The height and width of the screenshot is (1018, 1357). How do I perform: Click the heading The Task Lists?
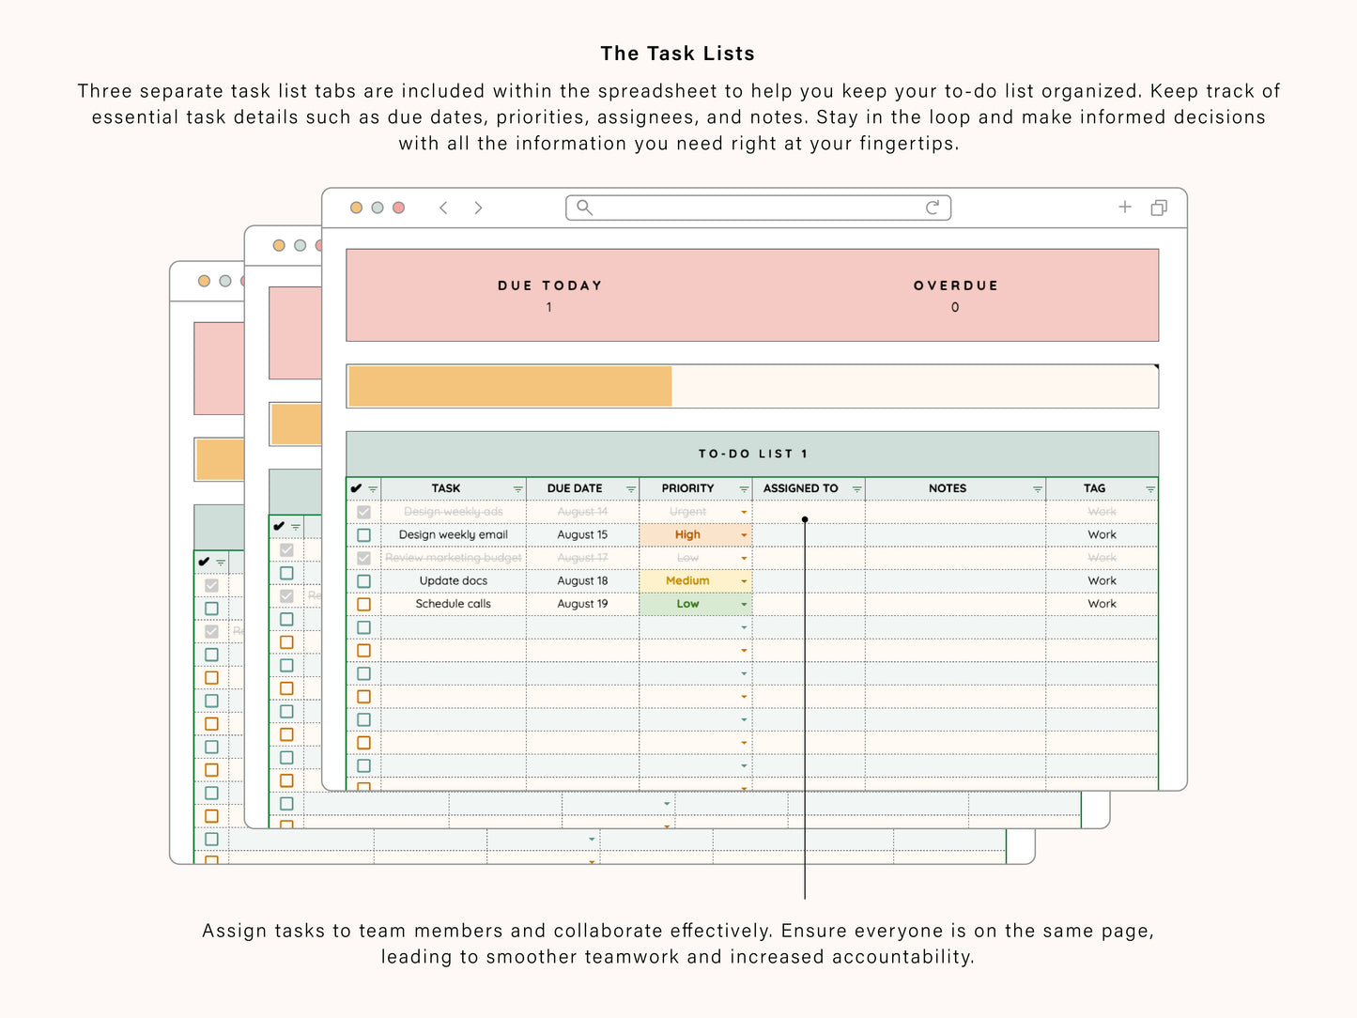click(677, 54)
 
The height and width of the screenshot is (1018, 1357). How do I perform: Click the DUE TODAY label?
click(549, 285)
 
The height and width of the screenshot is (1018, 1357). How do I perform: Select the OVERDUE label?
click(955, 285)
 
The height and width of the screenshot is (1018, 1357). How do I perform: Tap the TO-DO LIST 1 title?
click(752, 454)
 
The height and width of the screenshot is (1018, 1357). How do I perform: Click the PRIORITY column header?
click(687, 488)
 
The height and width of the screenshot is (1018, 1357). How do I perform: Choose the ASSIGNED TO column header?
click(800, 488)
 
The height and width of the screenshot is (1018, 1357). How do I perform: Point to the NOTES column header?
click(947, 488)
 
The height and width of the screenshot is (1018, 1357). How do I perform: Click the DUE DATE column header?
click(575, 488)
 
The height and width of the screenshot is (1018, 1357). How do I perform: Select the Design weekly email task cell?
click(453, 535)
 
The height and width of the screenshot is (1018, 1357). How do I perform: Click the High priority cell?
click(687, 535)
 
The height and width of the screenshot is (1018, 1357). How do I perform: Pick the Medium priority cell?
click(687, 581)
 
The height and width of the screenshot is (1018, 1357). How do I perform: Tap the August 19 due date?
click(582, 604)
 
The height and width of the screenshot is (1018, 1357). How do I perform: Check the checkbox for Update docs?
click(363, 581)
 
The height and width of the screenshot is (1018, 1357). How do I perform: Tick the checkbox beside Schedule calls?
click(363, 605)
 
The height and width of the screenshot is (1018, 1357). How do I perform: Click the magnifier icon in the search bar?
click(584, 208)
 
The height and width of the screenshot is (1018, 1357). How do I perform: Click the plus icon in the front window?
click(1125, 208)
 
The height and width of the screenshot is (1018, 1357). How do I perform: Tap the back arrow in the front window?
click(443, 208)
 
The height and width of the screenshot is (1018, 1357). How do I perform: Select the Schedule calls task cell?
click(453, 604)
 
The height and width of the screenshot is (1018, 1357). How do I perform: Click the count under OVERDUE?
click(955, 307)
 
